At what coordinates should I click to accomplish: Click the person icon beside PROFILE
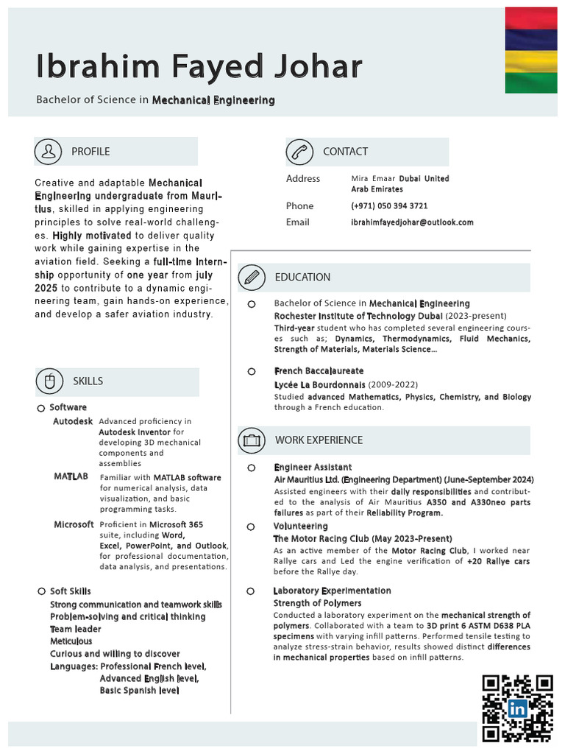click(x=49, y=151)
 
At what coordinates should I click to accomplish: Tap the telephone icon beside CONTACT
click(x=300, y=152)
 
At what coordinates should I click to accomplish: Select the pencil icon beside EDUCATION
click(x=252, y=278)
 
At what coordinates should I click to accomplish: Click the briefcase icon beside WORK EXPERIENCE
click(x=252, y=440)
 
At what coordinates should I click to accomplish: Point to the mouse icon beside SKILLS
click(x=49, y=381)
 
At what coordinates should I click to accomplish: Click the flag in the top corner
click(x=530, y=51)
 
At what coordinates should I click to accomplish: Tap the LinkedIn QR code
click(x=517, y=708)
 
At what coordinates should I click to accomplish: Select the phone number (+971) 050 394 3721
click(x=389, y=206)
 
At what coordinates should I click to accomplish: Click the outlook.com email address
click(x=412, y=222)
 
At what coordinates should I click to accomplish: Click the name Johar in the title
click(x=316, y=67)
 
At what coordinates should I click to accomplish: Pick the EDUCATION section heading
click(x=302, y=278)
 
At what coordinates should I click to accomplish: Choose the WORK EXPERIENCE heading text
click(x=319, y=440)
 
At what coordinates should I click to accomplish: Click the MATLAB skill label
click(x=71, y=477)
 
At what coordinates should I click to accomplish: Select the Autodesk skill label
click(x=73, y=422)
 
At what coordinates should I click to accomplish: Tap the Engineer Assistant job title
click(x=313, y=468)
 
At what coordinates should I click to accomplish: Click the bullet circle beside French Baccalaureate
click(x=252, y=372)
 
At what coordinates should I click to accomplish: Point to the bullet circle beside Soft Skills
click(x=41, y=591)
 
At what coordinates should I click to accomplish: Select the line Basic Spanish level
click(x=139, y=691)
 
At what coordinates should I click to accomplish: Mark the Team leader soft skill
click(x=76, y=629)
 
